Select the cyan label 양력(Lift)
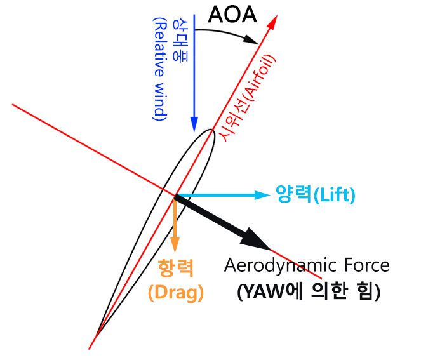point(315,194)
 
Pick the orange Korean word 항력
point(175,267)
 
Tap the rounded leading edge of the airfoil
point(211,133)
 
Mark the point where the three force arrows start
point(175,196)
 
